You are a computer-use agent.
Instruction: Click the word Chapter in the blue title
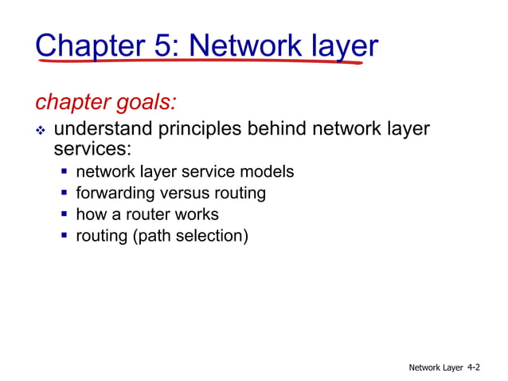(88, 45)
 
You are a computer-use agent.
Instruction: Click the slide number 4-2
(473, 367)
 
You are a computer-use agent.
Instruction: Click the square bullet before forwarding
(64, 193)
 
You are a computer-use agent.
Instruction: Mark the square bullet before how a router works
(64, 214)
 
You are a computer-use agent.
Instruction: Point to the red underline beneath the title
(199, 61)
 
